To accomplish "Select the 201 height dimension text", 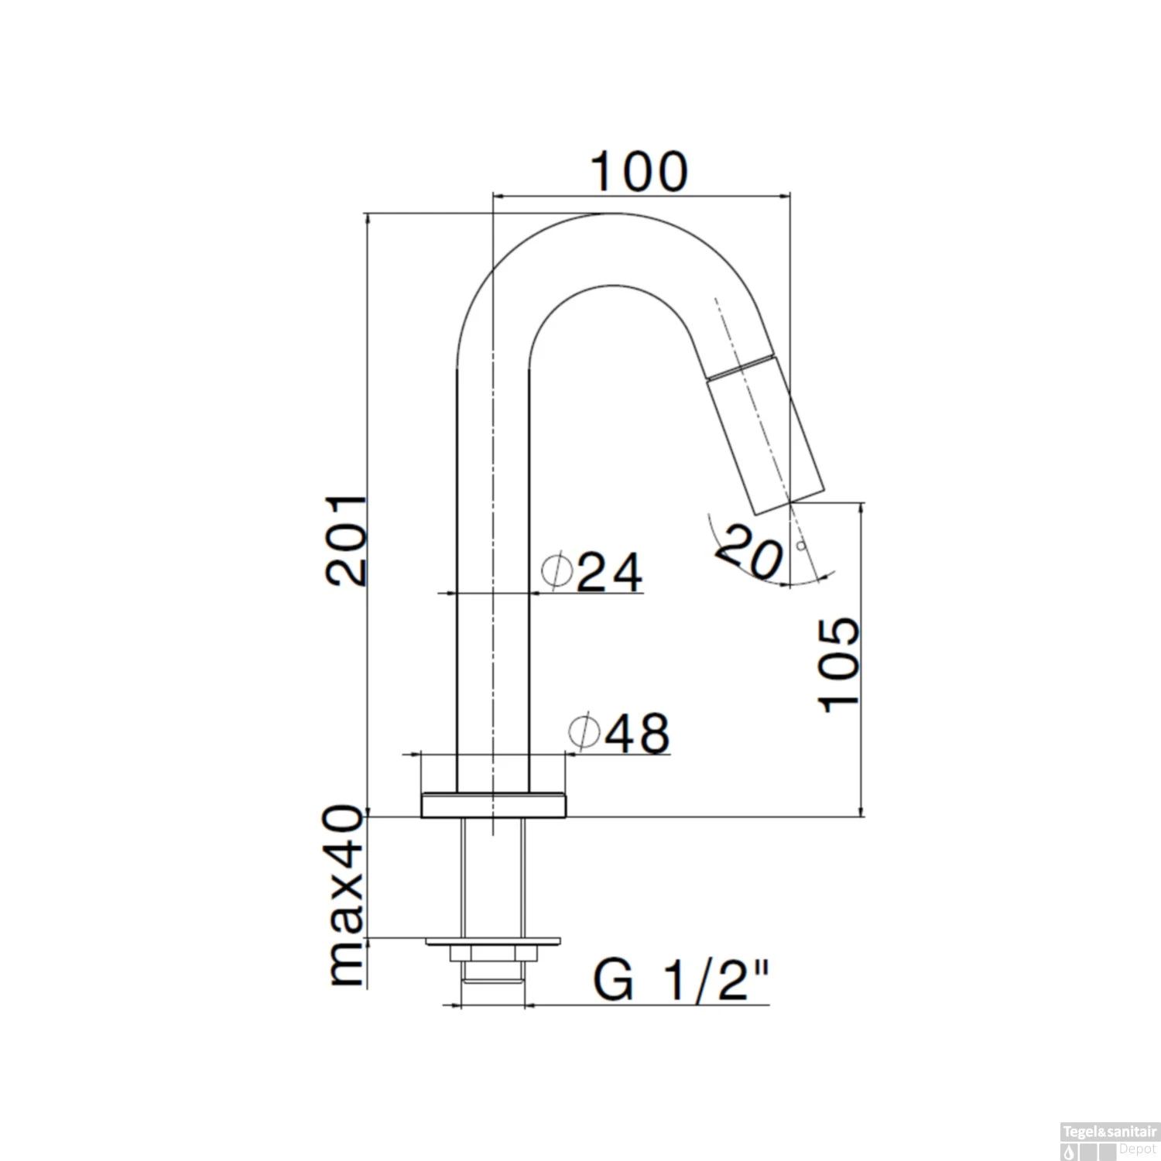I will [346, 539].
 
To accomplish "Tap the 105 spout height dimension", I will [839, 663].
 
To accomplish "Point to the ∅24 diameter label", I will [592, 573].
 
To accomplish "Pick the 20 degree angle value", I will [749, 551].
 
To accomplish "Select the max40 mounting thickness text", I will [346, 896].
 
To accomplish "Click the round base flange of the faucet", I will [493, 805].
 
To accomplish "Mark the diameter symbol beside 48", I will [584, 731].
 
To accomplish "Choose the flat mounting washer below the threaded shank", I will [492, 941].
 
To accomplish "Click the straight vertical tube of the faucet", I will [493, 580].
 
